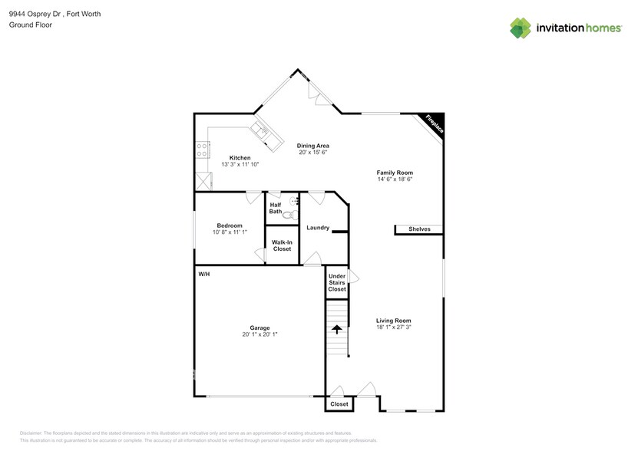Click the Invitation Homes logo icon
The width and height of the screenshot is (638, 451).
(521, 28)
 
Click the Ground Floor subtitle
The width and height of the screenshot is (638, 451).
(26, 25)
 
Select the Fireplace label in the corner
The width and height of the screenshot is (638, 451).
(434, 124)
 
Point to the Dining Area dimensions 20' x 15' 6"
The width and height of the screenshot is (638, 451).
(313, 152)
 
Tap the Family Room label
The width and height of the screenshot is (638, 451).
(395, 173)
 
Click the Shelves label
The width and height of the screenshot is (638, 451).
(419, 229)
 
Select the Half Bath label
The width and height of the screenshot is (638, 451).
(275, 208)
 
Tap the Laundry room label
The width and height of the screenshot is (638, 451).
(317, 228)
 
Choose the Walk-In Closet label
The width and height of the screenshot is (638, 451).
(282, 245)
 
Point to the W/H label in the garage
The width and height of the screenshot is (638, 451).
(204, 274)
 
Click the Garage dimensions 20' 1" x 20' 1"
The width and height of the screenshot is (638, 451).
(259, 334)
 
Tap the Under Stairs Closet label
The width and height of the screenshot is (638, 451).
(337, 282)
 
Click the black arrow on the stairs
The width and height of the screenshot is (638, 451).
(336, 330)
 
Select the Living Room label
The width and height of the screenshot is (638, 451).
(394, 321)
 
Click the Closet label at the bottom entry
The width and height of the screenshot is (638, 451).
(339, 403)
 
